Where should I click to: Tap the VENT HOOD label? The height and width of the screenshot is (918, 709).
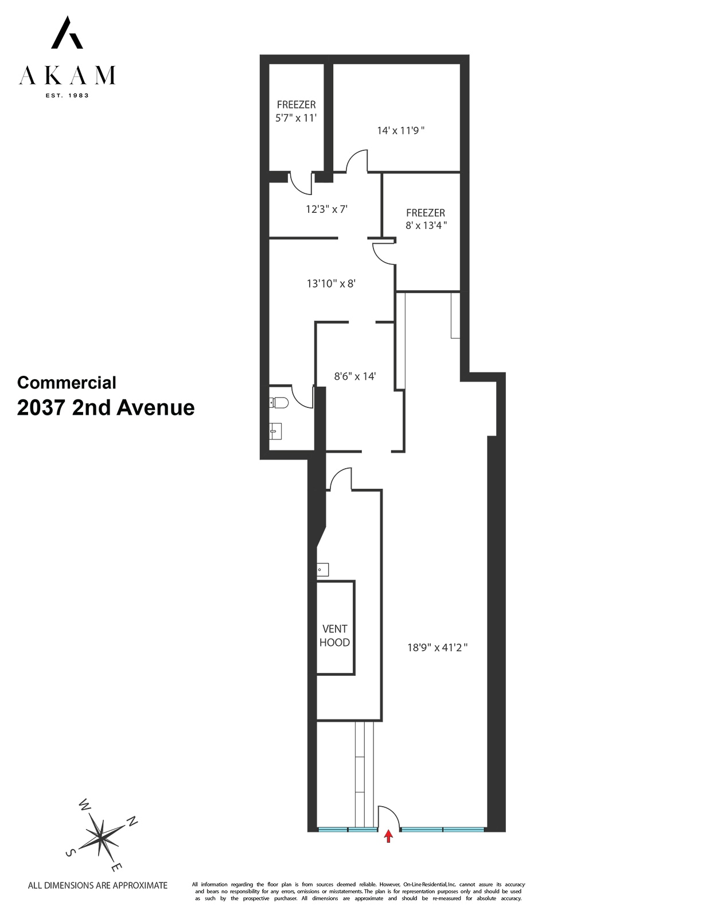tap(334, 636)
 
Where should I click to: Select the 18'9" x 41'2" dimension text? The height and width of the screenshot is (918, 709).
tap(438, 648)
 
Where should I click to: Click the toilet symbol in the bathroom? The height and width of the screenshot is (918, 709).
tap(279, 403)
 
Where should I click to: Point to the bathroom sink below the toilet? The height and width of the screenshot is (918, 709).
tap(276, 430)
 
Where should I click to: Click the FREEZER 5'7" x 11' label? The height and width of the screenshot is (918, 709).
tap(296, 111)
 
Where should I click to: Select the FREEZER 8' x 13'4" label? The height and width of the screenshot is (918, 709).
tap(426, 219)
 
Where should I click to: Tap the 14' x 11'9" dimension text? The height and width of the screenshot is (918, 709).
tap(400, 131)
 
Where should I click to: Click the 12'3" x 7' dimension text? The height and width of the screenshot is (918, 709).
tap(326, 209)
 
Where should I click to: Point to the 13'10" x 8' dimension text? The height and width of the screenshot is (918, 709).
tap(331, 283)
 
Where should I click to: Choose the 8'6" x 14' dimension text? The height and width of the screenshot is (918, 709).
tap(355, 376)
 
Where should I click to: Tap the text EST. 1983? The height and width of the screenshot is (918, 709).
tap(67, 95)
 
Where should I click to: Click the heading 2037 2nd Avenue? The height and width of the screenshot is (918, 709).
tap(106, 408)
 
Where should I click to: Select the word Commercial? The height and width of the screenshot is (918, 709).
tap(67, 383)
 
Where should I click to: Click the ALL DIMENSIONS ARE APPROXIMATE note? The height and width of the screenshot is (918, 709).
tap(98, 885)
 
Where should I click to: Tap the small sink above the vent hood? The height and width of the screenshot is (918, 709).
tap(323, 570)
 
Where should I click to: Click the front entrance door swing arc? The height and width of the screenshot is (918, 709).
tap(388, 814)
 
